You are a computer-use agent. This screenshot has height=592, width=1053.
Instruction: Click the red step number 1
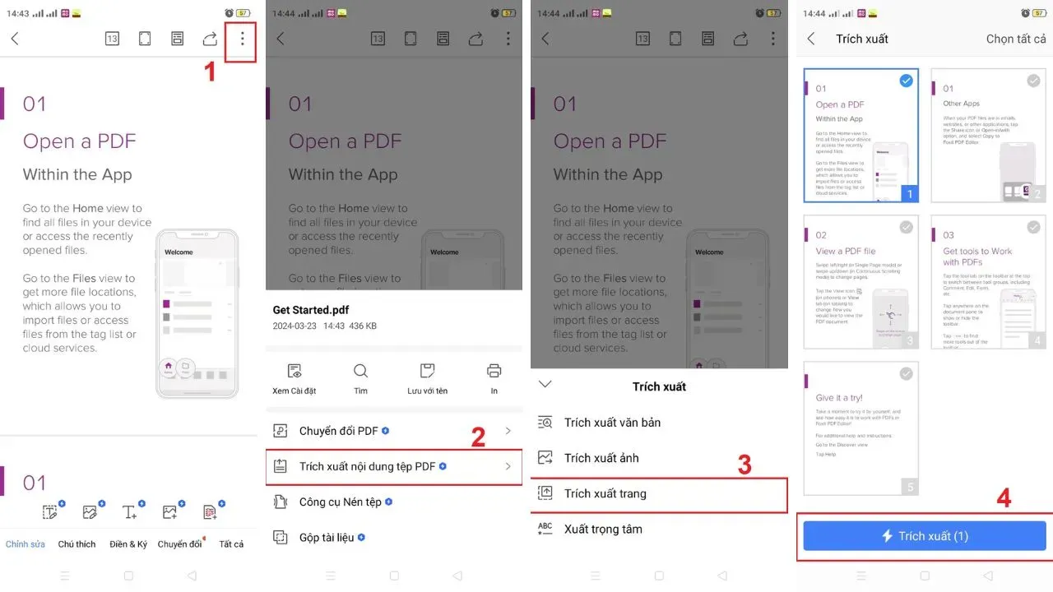210,72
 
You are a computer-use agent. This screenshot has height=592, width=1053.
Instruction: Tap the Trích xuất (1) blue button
925,536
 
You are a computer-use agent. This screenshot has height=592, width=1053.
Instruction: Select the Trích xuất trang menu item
605,493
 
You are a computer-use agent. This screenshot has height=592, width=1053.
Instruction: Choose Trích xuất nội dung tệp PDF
367,466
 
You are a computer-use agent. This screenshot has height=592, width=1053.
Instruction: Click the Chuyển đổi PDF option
338,431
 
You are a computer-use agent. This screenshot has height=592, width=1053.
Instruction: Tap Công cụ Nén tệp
340,502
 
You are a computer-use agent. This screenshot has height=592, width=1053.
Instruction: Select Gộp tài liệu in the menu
326,537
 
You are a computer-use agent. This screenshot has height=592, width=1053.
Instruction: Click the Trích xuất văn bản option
612,423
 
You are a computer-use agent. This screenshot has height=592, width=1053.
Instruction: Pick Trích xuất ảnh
601,458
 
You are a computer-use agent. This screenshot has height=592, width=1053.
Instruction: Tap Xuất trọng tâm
602,529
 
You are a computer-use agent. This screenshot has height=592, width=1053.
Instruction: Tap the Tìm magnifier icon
360,371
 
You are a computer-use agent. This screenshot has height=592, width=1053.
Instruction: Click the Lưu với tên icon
427,371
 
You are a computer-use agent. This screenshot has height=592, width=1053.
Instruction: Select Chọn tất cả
1016,39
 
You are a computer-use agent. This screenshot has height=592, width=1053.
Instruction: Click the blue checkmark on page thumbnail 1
906,81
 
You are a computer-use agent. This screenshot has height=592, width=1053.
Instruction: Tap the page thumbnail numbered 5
860,428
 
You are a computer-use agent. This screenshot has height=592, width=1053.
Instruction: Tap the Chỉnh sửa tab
26,544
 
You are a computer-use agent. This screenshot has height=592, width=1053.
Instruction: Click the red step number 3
745,465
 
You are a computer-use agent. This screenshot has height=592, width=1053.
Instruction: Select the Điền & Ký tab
128,544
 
